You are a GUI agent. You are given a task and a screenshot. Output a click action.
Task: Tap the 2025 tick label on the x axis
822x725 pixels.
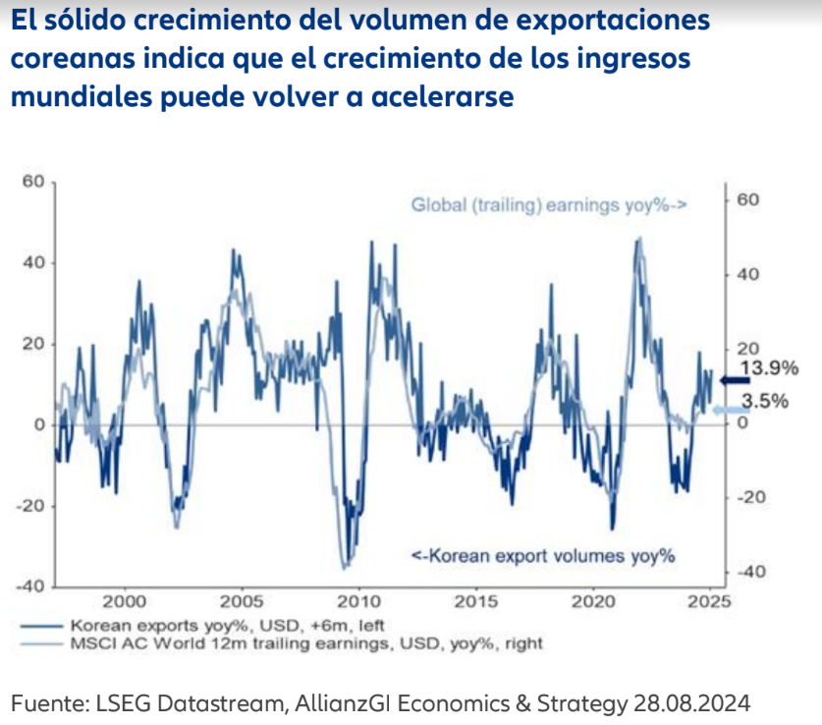tap(708, 600)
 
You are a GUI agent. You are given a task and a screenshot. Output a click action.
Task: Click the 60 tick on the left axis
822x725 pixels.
tap(34, 182)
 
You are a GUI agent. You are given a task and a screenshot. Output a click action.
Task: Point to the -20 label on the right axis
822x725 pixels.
tap(750, 498)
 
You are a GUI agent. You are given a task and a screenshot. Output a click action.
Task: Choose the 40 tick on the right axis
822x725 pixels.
tap(748, 274)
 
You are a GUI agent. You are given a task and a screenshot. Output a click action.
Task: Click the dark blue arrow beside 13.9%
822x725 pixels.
tap(734, 381)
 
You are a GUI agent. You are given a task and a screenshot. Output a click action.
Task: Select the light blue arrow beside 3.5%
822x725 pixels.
tap(730, 411)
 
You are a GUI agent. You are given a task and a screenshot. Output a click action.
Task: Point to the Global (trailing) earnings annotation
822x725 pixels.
tap(548, 205)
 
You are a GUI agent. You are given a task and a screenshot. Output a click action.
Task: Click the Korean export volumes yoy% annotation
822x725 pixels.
tap(543, 556)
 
